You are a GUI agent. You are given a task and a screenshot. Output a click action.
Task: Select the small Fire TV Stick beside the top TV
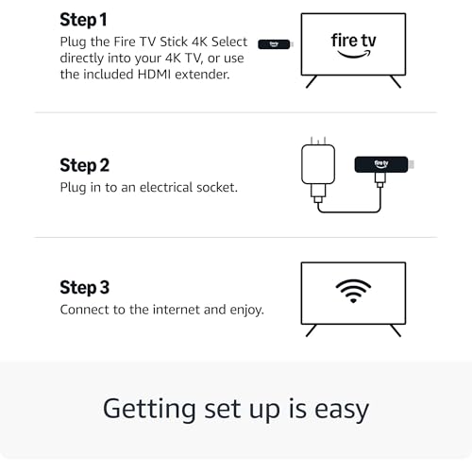(x=275, y=43)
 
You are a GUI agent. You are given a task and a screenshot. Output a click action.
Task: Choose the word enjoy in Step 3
(x=242, y=310)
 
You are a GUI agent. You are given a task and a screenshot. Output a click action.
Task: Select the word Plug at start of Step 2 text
(x=75, y=187)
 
